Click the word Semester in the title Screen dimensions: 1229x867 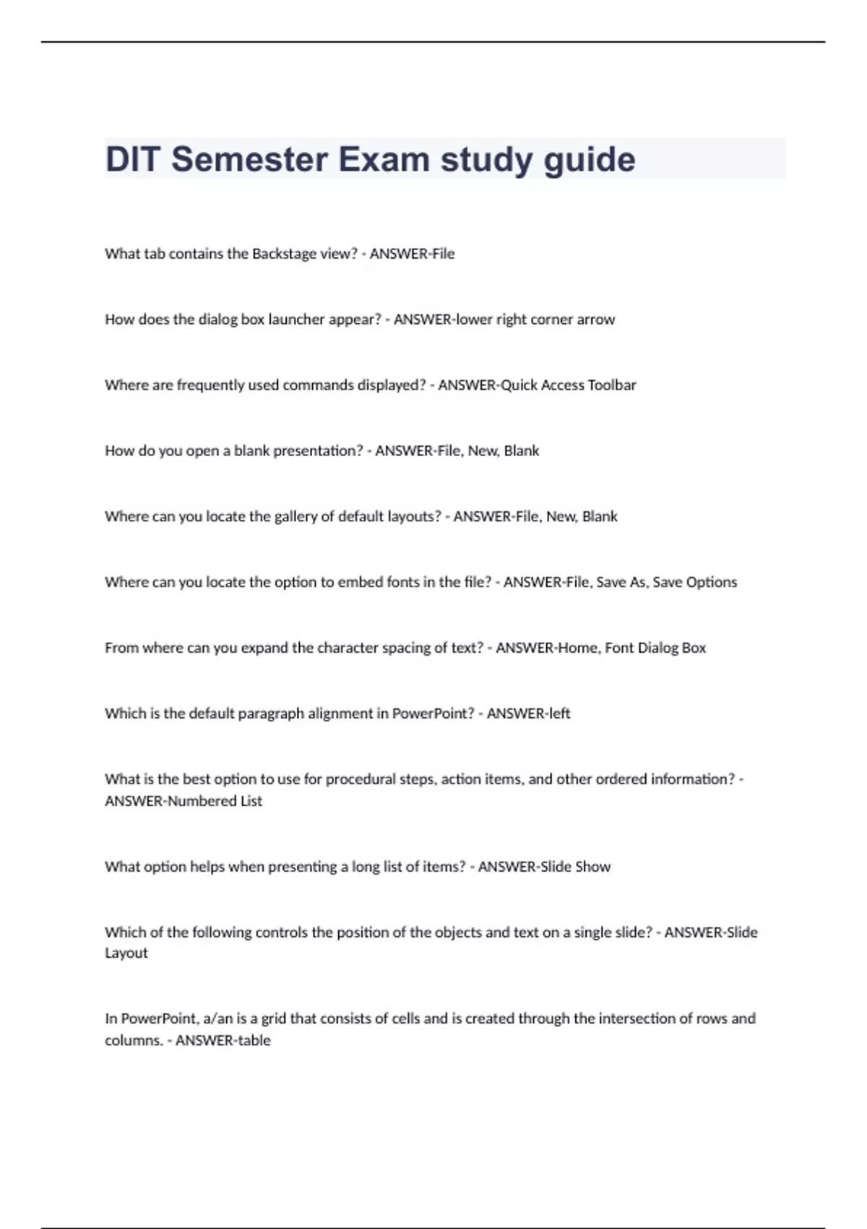tap(250, 160)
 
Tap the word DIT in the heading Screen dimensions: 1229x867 tap(131, 160)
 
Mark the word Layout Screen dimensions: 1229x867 tap(126, 954)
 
